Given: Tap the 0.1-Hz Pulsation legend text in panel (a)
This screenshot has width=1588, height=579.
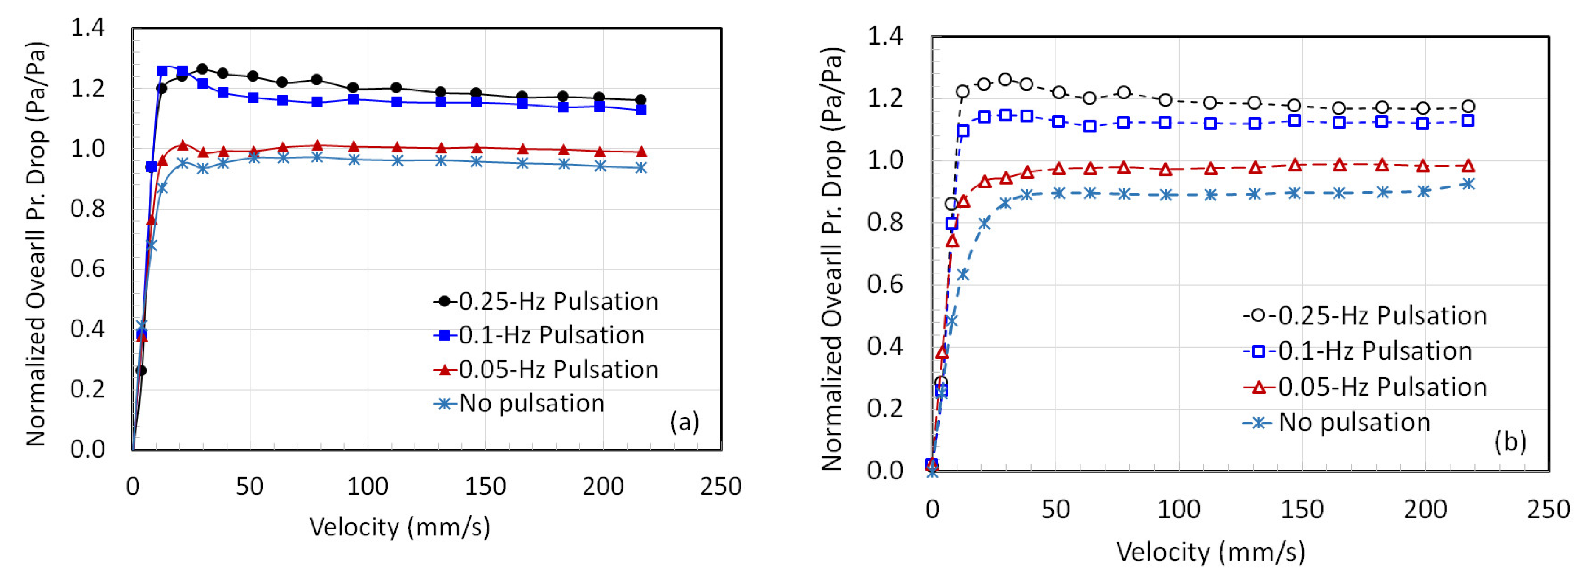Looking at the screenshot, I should (551, 335).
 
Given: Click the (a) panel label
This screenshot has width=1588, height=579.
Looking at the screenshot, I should (684, 422).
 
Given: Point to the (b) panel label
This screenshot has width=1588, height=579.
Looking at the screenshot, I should (1510, 441).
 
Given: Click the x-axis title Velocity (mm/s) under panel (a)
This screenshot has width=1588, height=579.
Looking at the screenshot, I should (399, 527).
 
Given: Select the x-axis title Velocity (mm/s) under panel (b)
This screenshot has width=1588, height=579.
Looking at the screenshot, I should (1210, 552).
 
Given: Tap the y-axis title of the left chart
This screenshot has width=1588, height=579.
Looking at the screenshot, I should (36, 244).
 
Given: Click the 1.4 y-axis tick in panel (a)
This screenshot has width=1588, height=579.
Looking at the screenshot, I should (87, 28).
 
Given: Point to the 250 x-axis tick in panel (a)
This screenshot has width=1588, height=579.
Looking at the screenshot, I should (721, 486).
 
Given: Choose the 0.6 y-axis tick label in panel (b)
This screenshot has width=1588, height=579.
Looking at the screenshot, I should (885, 284).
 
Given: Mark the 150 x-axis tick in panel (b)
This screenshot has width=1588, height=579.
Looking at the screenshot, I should (1302, 510).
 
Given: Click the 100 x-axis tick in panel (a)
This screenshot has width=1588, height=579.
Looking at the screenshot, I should (368, 486).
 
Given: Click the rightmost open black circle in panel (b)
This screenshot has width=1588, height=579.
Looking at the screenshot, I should (1468, 107).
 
